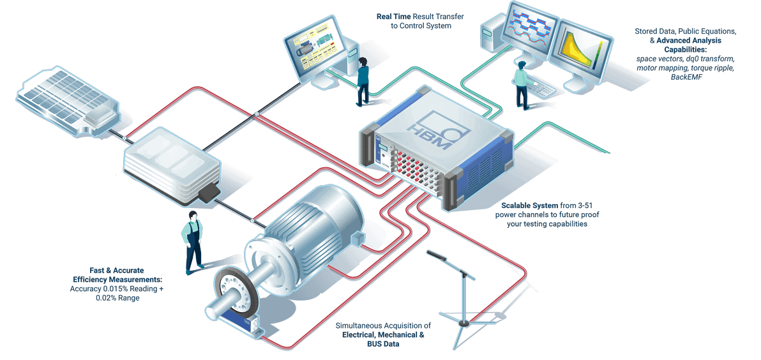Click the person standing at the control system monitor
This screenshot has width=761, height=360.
click(x=363, y=80)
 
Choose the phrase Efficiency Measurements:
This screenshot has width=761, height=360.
click(x=117, y=280)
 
